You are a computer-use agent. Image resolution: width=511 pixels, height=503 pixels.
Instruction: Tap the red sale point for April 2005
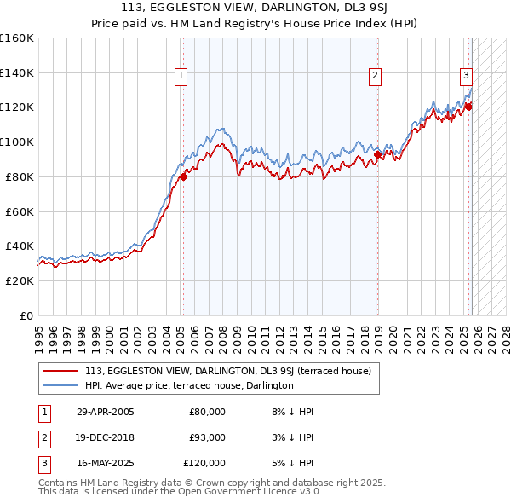(183, 176)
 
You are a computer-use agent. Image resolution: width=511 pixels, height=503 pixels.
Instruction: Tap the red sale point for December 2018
(378, 154)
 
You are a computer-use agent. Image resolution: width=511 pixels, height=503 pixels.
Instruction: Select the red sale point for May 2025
(468, 107)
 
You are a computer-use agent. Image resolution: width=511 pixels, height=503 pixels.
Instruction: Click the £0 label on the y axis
(26, 315)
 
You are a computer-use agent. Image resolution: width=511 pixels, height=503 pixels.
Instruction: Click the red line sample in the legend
(61, 371)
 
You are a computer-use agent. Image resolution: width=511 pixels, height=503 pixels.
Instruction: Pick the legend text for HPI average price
(189, 385)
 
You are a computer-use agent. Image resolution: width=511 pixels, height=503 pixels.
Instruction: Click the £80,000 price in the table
(207, 412)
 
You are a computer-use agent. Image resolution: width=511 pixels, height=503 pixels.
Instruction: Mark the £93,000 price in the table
(207, 437)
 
